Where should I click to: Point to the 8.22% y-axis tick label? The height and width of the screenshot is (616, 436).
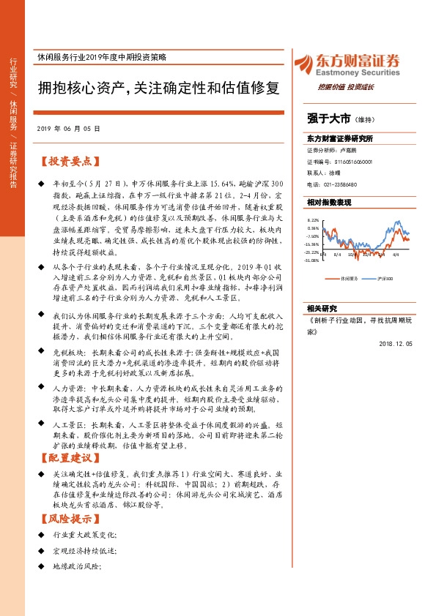click(313, 219)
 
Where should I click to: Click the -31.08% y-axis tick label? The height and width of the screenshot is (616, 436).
click(313, 260)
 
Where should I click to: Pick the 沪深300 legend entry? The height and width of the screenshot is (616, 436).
click(385, 279)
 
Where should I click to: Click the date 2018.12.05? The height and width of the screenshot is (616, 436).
click(397, 342)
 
